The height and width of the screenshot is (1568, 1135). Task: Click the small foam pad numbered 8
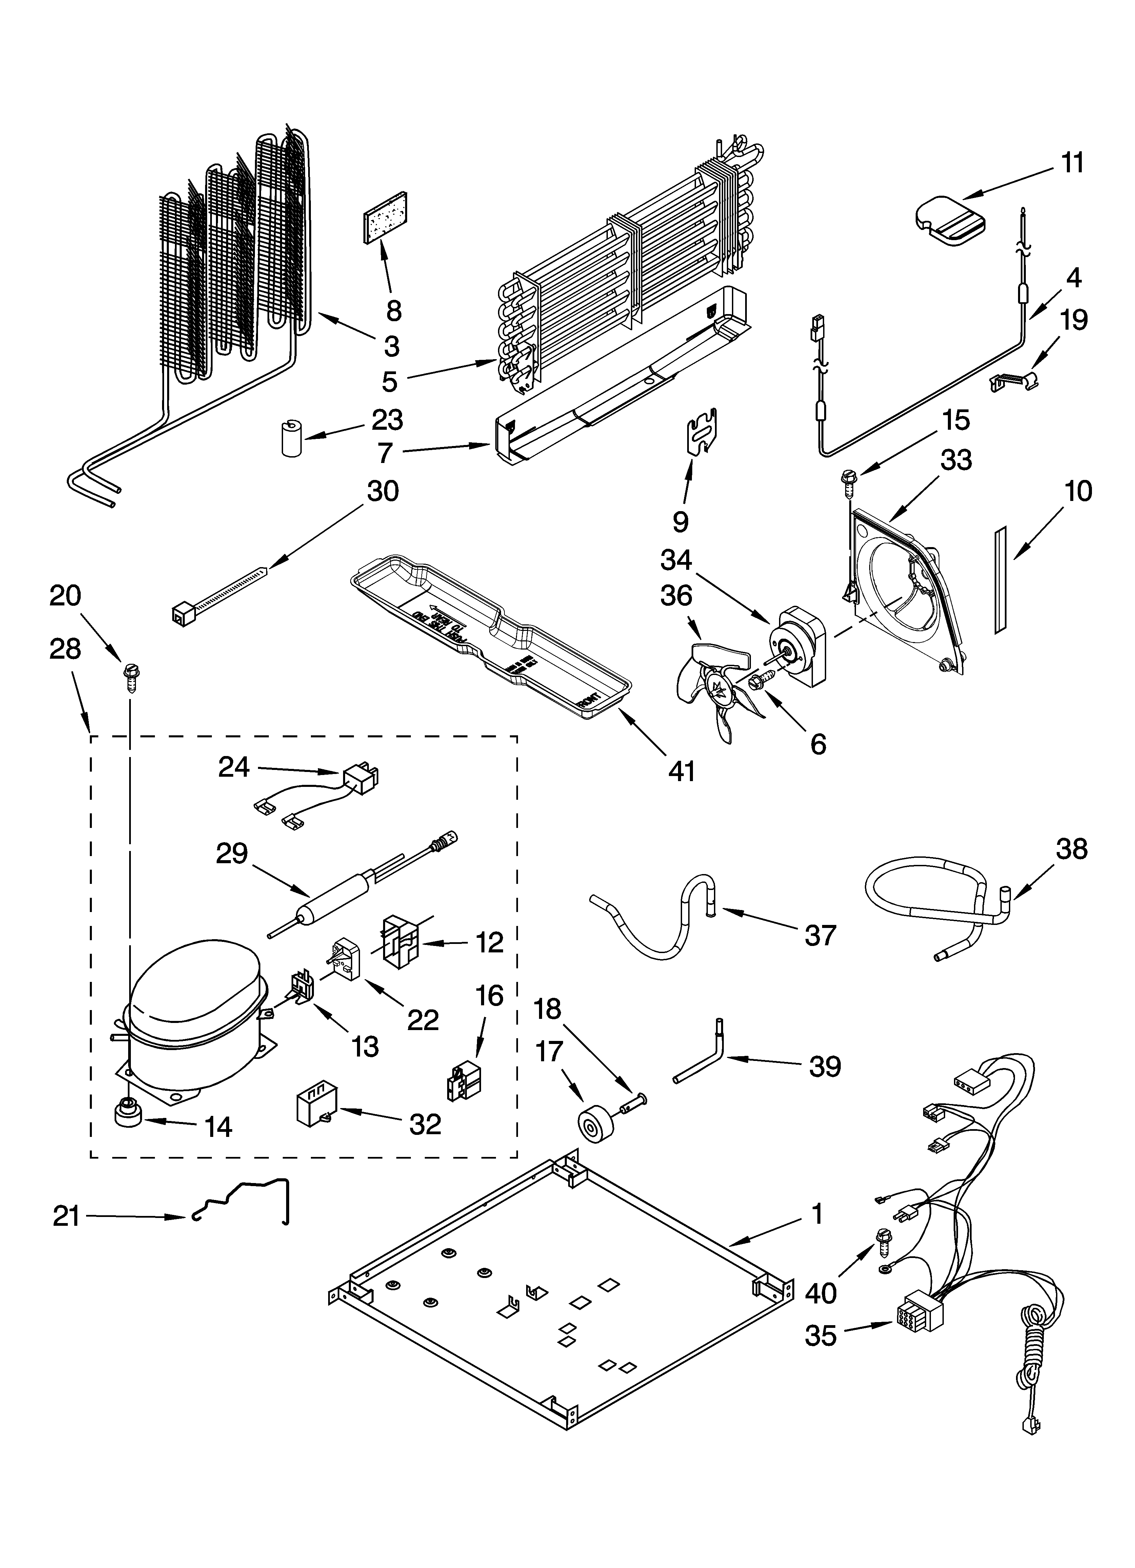pyautogui.click(x=385, y=216)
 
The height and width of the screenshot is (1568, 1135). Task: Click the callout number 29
pyautogui.click(x=232, y=854)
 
